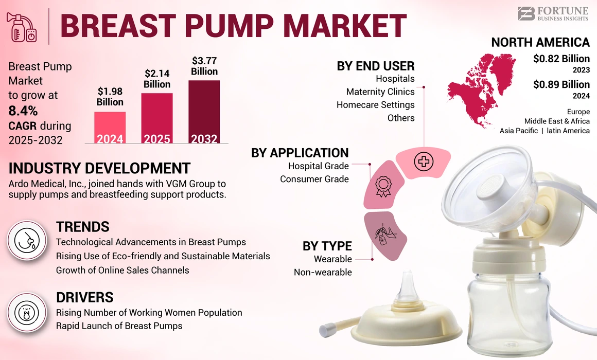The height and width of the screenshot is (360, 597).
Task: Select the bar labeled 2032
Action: pos(204,111)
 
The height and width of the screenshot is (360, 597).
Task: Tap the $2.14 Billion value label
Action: pos(157,79)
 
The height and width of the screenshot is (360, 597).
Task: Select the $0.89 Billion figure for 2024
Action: pos(561,84)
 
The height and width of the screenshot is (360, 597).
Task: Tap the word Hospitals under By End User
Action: pos(395,79)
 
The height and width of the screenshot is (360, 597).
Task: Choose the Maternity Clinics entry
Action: pos(380,92)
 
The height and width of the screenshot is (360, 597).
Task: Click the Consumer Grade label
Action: pos(314,179)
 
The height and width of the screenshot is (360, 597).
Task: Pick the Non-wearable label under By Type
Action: pos(323,272)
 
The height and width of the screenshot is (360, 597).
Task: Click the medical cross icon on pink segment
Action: pos(424,162)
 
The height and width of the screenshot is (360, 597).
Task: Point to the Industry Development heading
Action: pos(99,168)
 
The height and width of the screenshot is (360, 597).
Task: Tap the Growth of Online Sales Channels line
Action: pos(122,270)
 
